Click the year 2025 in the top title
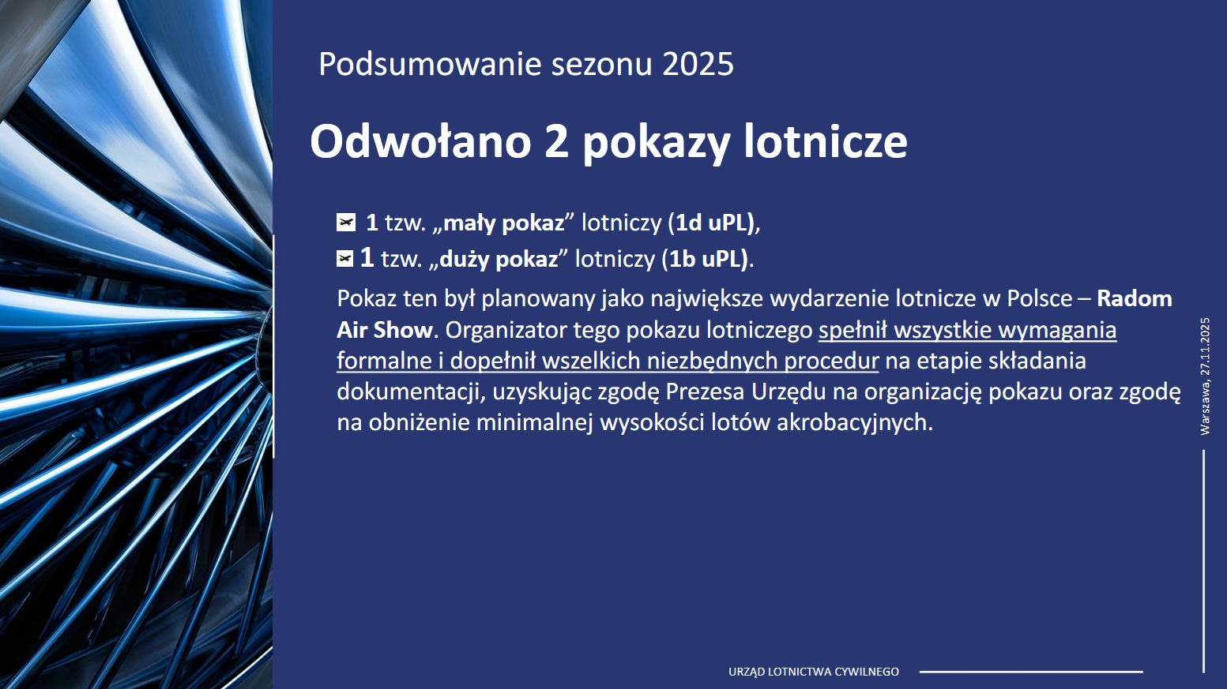[x=698, y=64]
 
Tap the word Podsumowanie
[x=430, y=64]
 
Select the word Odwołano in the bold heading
[x=420, y=142]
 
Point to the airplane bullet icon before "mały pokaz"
[x=345, y=223]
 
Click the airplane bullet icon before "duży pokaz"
[x=344, y=258]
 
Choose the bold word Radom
[x=1135, y=299]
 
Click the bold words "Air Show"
[x=385, y=330]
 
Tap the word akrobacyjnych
[x=855, y=422]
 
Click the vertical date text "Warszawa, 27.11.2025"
[x=1205, y=376]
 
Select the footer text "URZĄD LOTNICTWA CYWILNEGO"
[x=814, y=672]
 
